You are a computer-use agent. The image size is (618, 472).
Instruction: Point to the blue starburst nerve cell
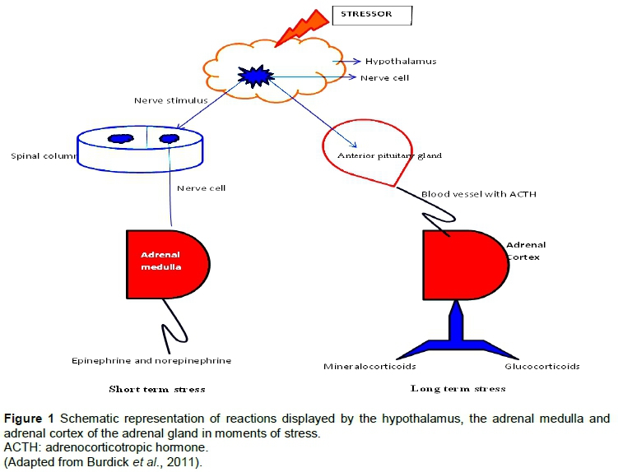point(252,76)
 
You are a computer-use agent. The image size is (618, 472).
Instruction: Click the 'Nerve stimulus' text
point(170,101)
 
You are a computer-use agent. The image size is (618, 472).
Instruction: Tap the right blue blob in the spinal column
point(170,139)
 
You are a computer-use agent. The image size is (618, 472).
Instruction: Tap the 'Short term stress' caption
point(157,388)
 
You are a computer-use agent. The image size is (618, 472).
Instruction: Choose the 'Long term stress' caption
point(458,388)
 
